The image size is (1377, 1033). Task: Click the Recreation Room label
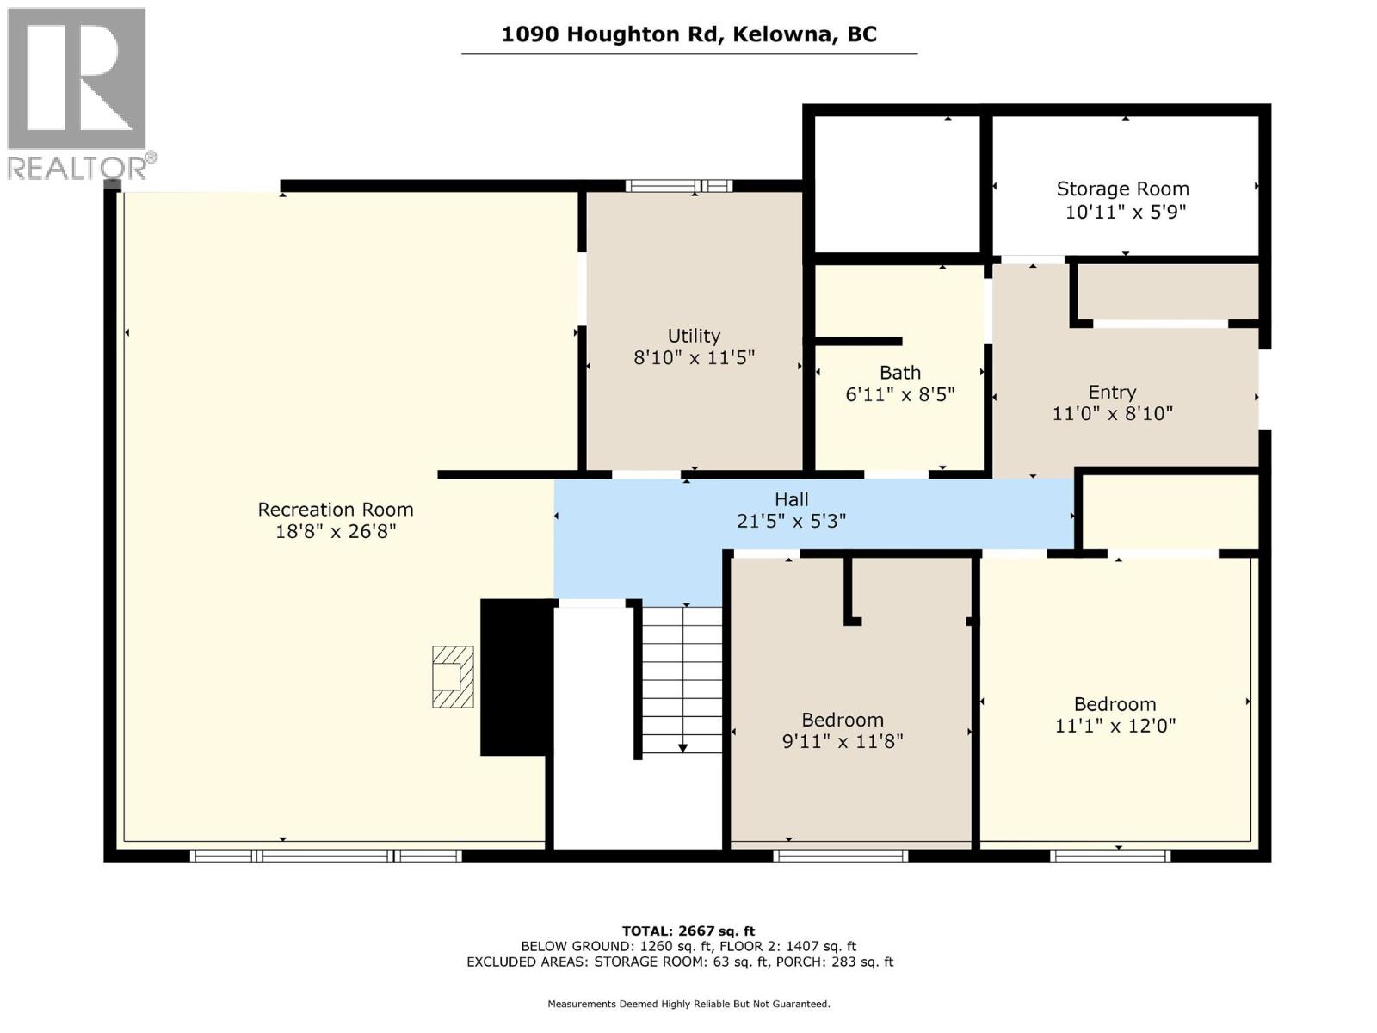click(336, 509)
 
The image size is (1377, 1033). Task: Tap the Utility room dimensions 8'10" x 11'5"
click(694, 357)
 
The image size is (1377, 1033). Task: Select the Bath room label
click(900, 373)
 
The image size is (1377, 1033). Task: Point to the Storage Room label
click(1122, 189)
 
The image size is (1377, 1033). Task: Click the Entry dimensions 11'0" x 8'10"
click(1112, 413)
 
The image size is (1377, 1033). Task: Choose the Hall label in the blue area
click(791, 499)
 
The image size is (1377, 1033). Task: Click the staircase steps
click(682, 680)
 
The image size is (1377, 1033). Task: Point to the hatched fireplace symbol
click(453, 677)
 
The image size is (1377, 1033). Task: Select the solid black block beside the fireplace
click(516, 677)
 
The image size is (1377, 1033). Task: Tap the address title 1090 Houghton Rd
click(688, 34)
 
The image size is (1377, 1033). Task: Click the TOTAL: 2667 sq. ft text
click(688, 931)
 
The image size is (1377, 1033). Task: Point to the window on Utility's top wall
click(679, 185)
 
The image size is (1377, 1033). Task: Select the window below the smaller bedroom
click(840, 856)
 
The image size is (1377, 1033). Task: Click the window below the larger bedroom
click(1109, 856)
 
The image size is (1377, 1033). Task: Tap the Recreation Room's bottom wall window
click(325, 856)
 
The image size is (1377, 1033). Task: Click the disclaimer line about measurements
click(688, 1004)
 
